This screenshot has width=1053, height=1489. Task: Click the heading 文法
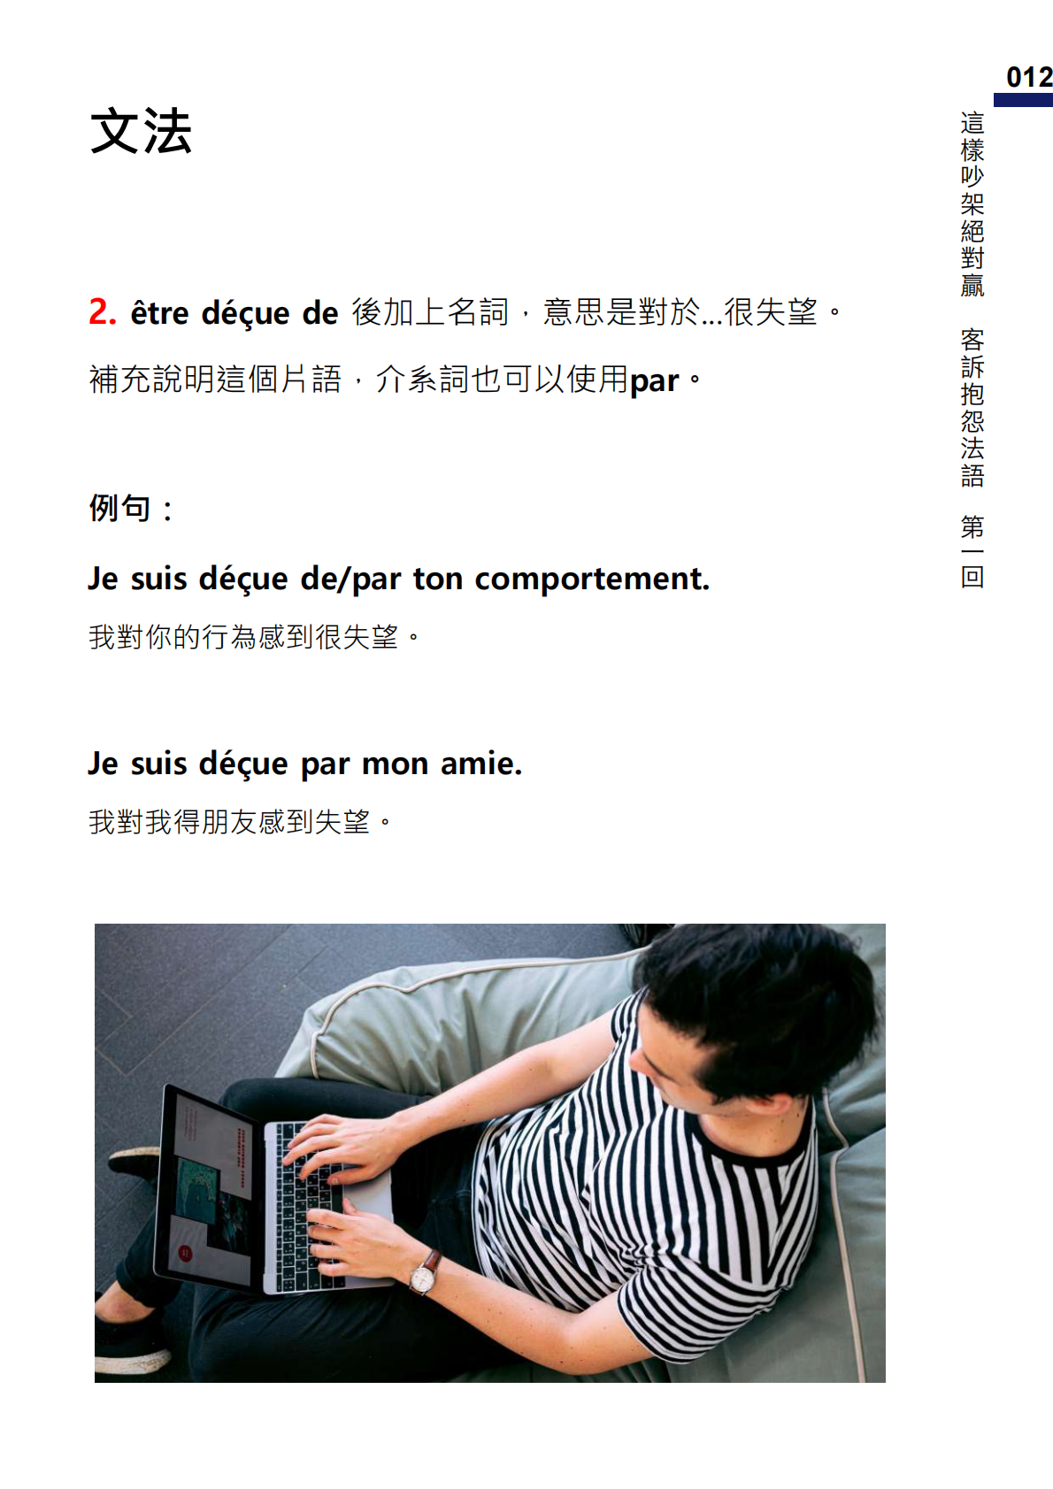coord(141,131)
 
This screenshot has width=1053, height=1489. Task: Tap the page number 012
coord(1029,77)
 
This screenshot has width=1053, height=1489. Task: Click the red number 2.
coord(102,311)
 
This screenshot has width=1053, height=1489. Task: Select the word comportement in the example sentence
coord(592,579)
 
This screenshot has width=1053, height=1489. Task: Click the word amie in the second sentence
coord(480,764)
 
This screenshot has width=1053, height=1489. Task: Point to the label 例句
coord(120,509)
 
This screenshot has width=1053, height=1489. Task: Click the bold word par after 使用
coord(654,381)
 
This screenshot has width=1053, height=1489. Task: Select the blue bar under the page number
coord(1023,100)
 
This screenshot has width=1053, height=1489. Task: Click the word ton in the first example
coord(437,579)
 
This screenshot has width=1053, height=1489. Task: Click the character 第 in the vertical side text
coord(972,527)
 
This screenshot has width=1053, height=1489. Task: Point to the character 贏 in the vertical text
coord(972,285)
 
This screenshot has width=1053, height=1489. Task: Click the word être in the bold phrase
coord(159,312)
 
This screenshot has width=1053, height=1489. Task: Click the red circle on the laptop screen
coord(186,1254)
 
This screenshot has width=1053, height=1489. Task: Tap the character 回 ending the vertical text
coord(972,576)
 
